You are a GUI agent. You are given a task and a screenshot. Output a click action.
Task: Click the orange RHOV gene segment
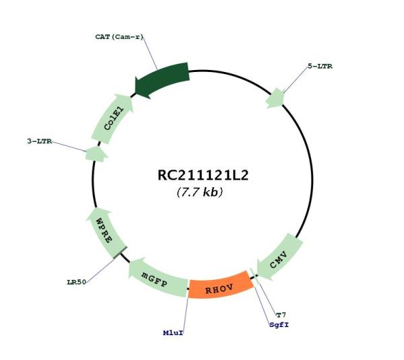(x=220, y=287)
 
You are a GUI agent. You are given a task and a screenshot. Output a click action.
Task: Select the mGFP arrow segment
(x=157, y=279)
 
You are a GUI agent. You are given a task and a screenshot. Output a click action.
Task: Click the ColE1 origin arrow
(x=112, y=118)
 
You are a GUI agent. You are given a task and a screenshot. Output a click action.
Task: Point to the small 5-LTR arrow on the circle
(x=275, y=98)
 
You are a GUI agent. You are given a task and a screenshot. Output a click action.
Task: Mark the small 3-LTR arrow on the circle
(x=96, y=154)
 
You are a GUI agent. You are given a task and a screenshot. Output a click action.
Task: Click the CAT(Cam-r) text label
(x=119, y=37)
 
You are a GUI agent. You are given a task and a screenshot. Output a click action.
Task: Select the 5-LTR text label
(x=320, y=66)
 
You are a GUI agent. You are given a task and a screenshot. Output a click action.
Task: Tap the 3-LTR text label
(x=40, y=141)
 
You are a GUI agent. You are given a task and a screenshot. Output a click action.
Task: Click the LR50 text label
(x=76, y=282)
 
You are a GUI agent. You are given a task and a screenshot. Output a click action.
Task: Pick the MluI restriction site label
(x=173, y=332)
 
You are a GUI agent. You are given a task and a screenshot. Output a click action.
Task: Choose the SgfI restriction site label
(x=279, y=325)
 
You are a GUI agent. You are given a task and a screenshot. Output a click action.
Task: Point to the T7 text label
(x=281, y=315)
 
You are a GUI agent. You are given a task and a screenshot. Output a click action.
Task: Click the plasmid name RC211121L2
(x=203, y=175)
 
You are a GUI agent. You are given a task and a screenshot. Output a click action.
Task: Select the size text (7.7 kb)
(x=200, y=192)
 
